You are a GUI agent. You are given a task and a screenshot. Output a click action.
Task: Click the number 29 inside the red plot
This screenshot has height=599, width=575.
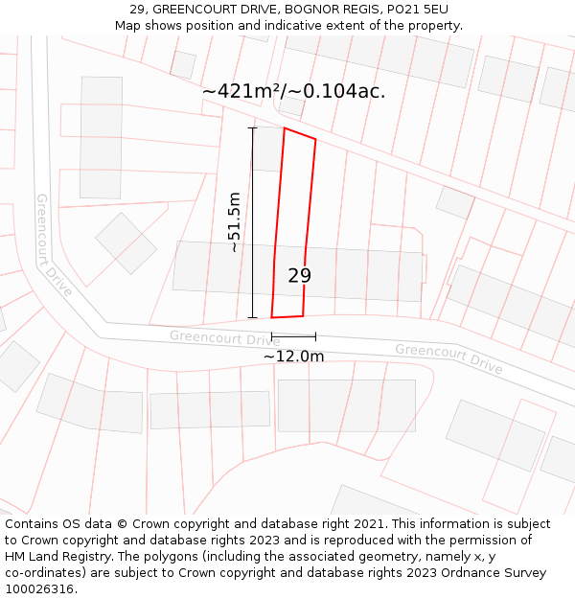299,276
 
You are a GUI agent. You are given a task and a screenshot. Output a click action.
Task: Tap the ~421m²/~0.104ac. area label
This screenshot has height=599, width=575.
293,91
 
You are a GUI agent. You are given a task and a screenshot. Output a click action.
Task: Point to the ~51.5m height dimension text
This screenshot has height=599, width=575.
234,221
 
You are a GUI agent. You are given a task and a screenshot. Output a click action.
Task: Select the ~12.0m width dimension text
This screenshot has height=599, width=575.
293,357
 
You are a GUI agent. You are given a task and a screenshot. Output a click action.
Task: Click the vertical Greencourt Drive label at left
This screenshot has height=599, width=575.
54,245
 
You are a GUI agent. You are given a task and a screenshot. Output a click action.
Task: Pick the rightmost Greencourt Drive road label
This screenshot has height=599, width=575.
448,358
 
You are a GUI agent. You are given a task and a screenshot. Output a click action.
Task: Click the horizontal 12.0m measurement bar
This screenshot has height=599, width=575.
293,336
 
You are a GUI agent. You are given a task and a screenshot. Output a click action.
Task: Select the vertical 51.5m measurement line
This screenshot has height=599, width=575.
253,222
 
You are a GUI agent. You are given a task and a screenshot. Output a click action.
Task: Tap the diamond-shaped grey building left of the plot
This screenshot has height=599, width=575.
126,242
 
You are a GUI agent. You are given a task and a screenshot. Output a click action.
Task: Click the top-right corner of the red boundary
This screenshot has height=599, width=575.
315,139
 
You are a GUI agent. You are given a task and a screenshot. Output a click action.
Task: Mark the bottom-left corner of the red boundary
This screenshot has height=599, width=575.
272,317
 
